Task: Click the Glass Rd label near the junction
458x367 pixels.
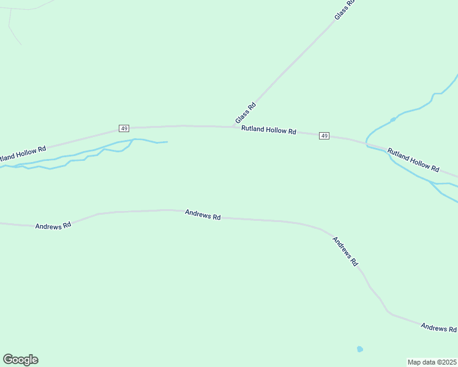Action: pos(245,113)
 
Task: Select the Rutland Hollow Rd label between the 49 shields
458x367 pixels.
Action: pos(268,130)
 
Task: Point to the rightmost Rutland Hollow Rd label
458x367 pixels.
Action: pos(413,159)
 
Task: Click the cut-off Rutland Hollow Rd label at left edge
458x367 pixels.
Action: pos(23,153)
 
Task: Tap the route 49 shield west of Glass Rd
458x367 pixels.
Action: pos(124,128)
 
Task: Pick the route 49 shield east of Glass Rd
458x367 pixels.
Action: pos(324,136)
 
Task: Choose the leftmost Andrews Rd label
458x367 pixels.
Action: pos(53,225)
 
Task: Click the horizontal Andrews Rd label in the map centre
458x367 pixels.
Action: pos(203,215)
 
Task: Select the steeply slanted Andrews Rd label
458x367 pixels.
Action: pos(345,251)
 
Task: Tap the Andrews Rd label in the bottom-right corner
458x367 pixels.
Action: pos(438,328)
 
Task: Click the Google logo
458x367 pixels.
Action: pos(20,360)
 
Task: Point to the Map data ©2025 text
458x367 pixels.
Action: pos(432,362)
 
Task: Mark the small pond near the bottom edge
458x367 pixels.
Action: pos(360,349)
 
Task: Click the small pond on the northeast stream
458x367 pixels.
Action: pos(393,119)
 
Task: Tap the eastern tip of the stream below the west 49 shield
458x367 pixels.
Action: pos(167,142)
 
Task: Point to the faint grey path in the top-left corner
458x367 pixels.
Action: pos(12,28)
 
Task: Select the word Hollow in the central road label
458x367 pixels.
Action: pos(274,130)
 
